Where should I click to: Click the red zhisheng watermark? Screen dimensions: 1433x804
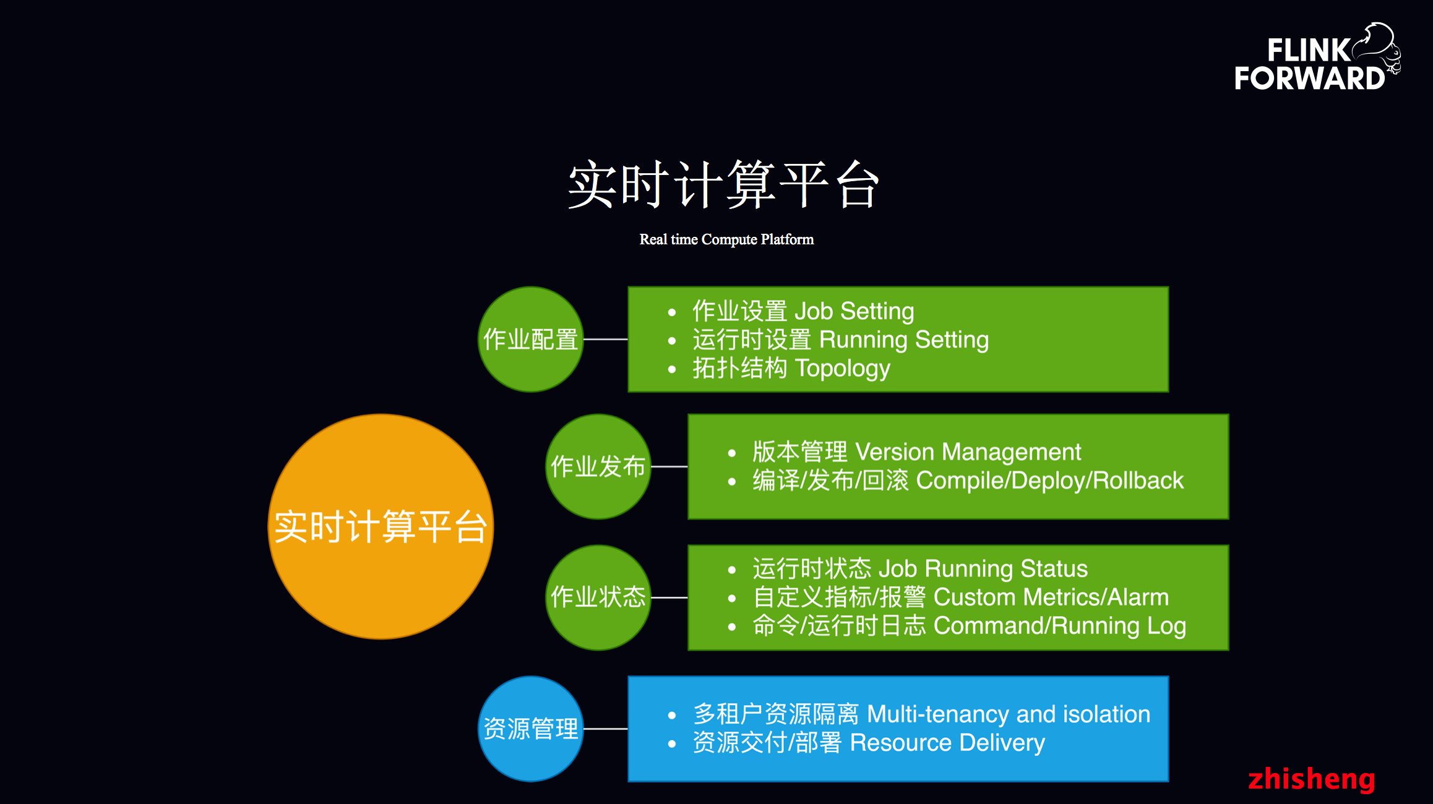click(1311, 779)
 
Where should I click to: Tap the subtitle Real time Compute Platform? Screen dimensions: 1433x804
click(726, 239)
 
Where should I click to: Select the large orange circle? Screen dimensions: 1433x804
click(381, 526)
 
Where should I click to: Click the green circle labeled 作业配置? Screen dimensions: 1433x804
click(530, 339)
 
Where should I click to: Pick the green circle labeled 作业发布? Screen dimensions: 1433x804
click(598, 466)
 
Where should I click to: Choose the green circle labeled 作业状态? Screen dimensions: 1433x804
click(598, 597)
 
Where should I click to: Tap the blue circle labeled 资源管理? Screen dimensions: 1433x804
click(530, 729)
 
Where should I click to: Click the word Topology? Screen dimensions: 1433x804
click(842, 369)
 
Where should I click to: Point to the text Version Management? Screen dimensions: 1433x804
click(968, 452)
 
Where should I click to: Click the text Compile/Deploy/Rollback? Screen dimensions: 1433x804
click(1049, 481)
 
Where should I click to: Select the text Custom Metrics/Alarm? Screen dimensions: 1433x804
click(1051, 597)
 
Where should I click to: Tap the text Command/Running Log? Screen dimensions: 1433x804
click(1059, 626)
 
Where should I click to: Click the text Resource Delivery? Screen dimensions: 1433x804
click(947, 743)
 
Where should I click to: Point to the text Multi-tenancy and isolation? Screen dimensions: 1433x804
click(1009, 714)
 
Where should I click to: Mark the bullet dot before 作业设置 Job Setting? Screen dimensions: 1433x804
click(672, 313)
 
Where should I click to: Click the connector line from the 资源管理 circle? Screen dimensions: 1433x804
click(606, 729)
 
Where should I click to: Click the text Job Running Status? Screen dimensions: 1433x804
click(983, 568)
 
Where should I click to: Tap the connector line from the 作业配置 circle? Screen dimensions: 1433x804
click(606, 339)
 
